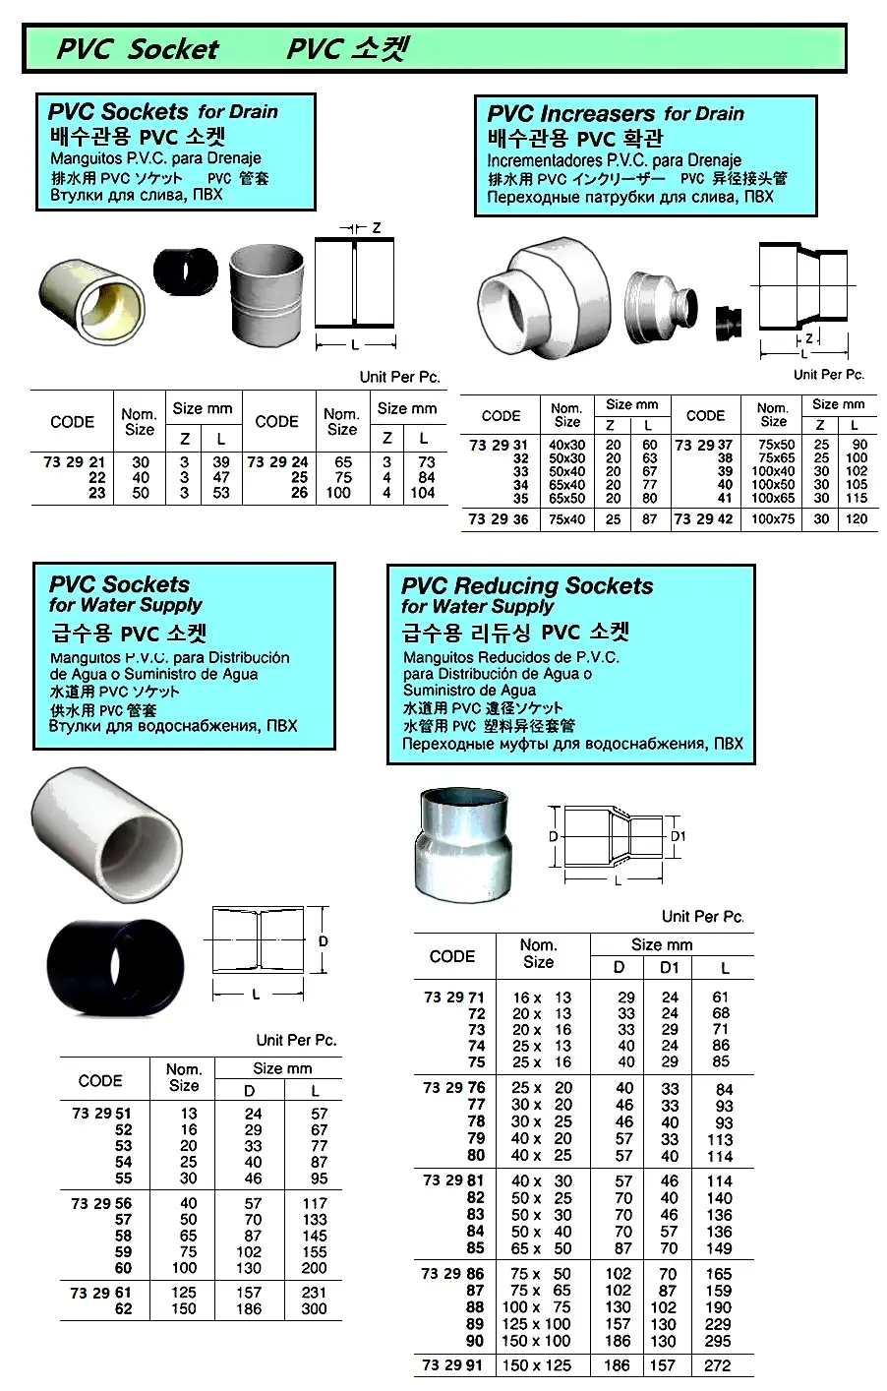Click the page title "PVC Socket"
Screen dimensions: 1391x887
138,49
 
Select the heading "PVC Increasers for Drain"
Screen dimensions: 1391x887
616,114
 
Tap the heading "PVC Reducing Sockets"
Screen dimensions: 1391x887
527,586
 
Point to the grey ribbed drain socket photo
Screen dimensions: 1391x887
266,292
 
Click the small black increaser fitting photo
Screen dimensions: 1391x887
728,320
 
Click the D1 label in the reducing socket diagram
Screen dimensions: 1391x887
678,836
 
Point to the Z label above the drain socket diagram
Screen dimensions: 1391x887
377,227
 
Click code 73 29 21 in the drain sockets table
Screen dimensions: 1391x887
75,462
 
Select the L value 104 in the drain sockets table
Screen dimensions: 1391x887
423,493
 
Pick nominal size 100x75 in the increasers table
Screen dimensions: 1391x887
773,519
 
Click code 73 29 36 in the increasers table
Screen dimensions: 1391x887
499,519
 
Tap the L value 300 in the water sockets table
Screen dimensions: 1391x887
315,1308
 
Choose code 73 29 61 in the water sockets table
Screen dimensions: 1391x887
100,1293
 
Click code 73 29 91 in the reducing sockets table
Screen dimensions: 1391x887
453,1365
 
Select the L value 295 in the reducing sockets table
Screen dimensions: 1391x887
718,1341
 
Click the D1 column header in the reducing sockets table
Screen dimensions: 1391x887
670,968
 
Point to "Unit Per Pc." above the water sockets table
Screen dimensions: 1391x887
296,1040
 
